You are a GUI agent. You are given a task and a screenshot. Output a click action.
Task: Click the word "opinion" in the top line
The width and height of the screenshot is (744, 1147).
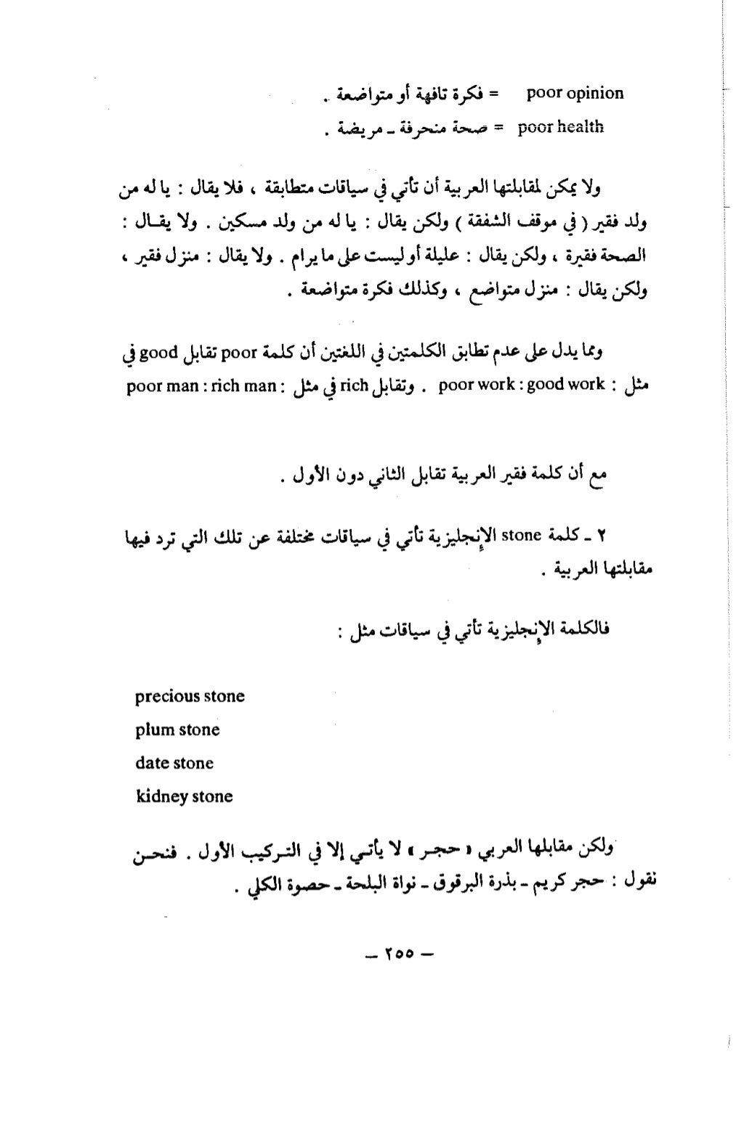coord(594,94)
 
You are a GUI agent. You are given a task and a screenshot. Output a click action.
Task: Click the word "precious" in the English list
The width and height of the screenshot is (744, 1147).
coord(168,697)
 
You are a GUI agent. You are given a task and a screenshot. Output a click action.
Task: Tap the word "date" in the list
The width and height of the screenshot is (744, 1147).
coord(151,763)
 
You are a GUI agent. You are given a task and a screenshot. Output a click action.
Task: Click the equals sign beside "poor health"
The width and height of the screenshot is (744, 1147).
coord(498,128)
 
